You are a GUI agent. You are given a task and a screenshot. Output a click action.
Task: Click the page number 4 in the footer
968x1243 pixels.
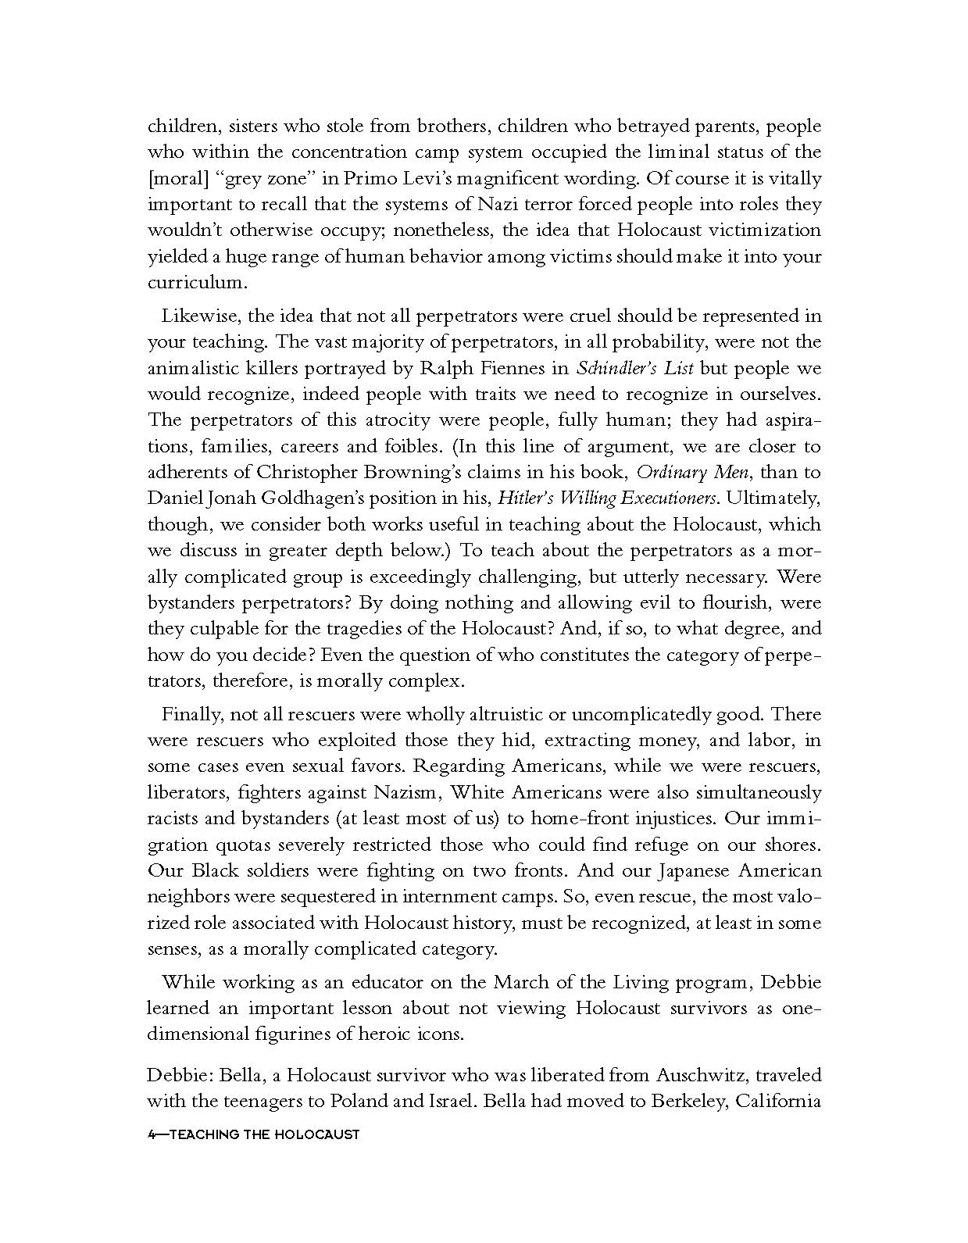[x=151, y=1134]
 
